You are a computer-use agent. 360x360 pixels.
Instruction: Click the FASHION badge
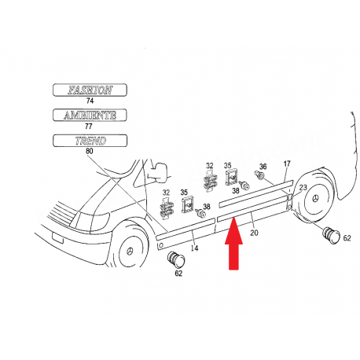pos(90,90)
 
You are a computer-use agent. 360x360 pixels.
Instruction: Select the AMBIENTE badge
pos(90,115)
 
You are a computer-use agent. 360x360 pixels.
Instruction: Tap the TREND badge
pos(90,140)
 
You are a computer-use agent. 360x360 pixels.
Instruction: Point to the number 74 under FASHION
pos(89,101)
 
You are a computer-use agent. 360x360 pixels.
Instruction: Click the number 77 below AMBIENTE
pos(89,127)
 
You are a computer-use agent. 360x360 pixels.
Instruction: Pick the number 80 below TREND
pos(89,152)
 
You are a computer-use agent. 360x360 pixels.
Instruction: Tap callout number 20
pos(253,233)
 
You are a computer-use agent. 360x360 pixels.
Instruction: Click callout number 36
pos(263,166)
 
